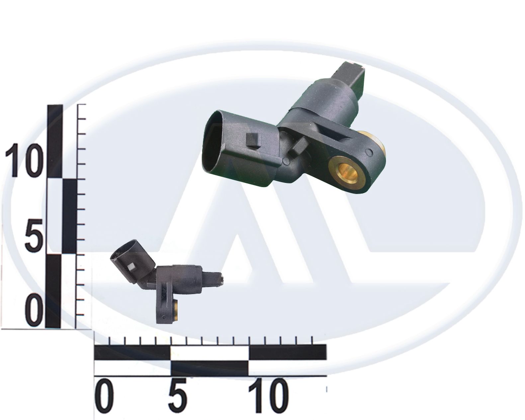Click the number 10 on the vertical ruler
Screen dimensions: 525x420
point(23,160)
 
